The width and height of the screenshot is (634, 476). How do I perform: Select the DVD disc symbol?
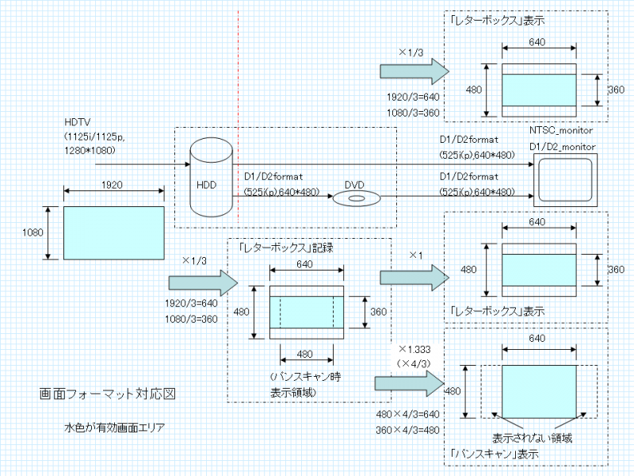(x=354, y=198)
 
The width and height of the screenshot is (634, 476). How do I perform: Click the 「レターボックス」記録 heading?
(x=286, y=248)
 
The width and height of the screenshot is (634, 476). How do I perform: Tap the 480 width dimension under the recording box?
(x=304, y=355)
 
